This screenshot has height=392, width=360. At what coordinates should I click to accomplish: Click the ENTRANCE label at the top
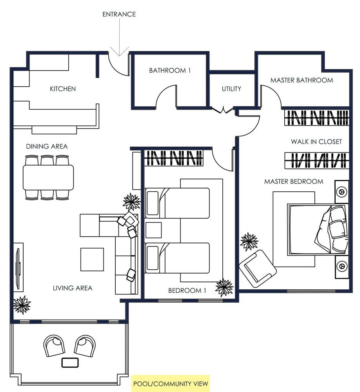pyautogui.click(x=119, y=14)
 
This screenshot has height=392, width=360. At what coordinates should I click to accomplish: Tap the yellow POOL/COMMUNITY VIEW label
pyautogui.click(x=170, y=383)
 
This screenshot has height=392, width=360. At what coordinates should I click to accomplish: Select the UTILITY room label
pyautogui.click(x=231, y=89)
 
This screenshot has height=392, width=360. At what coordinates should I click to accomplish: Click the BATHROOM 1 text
pyautogui.click(x=169, y=71)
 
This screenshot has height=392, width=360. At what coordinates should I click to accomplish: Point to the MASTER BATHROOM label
pyautogui.click(x=301, y=80)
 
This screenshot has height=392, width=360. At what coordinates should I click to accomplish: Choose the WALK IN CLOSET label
pyautogui.click(x=316, y=142)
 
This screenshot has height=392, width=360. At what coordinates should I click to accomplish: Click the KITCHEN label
pyautogui.click(x=63, y=89)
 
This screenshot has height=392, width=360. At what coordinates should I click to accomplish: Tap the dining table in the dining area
pyautogui.click(x=48, y=177)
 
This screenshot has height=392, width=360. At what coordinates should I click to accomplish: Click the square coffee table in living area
pyautogui.click(x=92, y=260)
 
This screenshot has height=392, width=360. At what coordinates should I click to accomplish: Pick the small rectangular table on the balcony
pyautogui.click(x=70, y=363)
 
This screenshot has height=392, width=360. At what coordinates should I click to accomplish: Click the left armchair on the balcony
pyautogui.click(x=54, y=345)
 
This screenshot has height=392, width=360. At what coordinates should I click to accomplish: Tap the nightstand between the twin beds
pyautogui.click(x=153, y=230)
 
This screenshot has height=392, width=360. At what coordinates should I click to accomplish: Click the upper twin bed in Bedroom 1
pyautogui.click(x=177, y=203)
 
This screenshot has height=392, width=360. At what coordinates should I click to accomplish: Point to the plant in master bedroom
pyautogui.click(x=249, y=241)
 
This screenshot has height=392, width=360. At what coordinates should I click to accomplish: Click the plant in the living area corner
pyautogui.click(x=22, y=304)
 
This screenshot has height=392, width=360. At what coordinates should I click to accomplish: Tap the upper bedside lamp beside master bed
pyautogui.click(x=341, y=192)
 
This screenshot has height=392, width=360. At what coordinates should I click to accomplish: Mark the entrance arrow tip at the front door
pyautogui.click(x=119, y=55)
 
